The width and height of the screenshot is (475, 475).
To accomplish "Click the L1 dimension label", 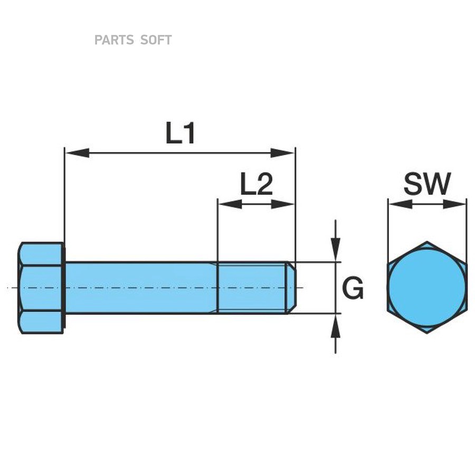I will coord(180,134).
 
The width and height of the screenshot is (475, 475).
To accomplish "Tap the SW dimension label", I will coord(427,184).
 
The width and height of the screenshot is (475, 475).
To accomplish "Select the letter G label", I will coord(353,289).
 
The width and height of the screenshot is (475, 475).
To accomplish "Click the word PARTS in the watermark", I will coord(114,40).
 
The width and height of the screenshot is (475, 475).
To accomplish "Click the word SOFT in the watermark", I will coord(156,40).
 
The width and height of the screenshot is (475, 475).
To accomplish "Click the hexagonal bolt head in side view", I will coord(41,288).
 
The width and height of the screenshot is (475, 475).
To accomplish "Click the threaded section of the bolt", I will coord(252,288).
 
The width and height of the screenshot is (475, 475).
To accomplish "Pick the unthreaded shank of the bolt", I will coord(140,288).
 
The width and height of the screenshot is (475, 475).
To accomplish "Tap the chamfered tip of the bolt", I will coord(291,288).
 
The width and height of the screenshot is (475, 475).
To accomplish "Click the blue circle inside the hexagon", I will coord(427,288).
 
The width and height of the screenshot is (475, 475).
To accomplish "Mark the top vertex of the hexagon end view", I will coord(427,243).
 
